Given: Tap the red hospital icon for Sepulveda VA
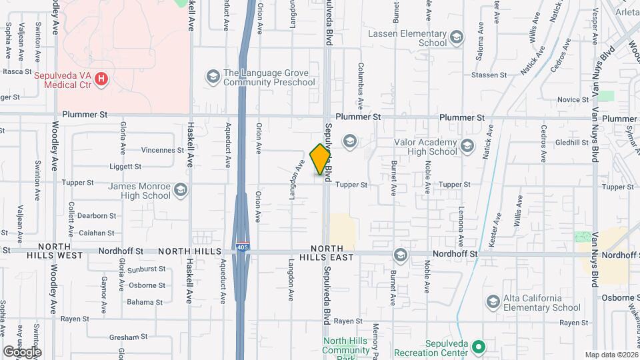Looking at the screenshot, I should point(101,80).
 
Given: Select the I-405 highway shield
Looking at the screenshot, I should point(243,247).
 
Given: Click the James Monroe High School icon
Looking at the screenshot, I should point(181,191).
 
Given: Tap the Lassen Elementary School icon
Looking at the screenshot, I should point(456,37).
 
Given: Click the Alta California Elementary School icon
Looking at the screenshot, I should point(493,303).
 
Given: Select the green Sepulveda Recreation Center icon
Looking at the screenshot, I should point(477,347).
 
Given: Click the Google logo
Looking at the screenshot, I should point(22,351).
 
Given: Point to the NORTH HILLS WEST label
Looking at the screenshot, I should point(55,255).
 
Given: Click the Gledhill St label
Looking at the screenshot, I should point(570,143).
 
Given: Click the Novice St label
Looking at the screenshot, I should point(569,99).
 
